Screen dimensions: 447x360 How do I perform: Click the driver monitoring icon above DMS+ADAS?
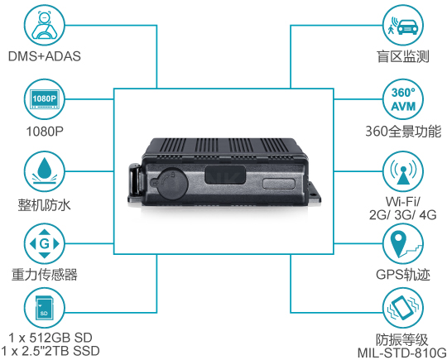coord(44,25)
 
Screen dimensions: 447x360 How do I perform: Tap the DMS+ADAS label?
coord(45,56)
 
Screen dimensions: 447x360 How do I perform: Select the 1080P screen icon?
coord(44,99)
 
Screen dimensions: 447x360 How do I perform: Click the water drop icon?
coord(44,171)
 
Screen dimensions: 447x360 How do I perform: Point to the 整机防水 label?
coord(44,204)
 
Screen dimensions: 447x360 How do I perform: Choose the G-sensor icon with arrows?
coord(44,244)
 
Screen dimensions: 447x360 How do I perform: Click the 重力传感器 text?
coord(45,275)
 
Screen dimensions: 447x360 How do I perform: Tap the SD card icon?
coord(44,308)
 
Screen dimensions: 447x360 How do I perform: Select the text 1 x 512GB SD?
coord(50,338)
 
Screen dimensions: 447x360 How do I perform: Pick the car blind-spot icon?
coord(403,25)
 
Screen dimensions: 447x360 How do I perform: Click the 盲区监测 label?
coord(403,56)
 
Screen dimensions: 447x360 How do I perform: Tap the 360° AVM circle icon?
coord(403,99)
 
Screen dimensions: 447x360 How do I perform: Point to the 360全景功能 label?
coord(403,132)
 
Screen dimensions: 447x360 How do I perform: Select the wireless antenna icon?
coord(403,171)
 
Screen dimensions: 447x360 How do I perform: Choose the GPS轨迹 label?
coord(403,275)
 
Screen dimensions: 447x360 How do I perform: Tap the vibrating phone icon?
coord(403,308)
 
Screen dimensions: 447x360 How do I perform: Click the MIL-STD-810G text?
coord(402,353)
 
